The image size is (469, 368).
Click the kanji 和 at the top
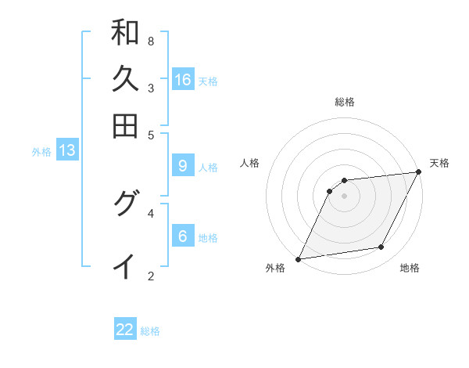(125, 33)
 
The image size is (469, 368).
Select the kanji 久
(125, 79)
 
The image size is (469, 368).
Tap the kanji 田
(125, 125)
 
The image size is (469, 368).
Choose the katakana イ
(125, 266)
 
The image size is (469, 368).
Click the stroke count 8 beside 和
(151, 41)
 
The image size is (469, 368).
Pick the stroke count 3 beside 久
(151, 88)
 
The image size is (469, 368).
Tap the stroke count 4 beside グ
(151, 212)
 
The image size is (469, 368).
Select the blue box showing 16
(183, 79)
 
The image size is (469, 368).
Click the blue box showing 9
(183, 165)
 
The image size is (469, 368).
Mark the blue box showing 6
(183, 236)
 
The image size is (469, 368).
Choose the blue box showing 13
(67, 150)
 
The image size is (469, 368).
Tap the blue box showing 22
(125, 330)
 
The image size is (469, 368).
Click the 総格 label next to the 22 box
(150, 331)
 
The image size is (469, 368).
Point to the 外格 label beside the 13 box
(41, 152)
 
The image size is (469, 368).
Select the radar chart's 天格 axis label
(439, 163)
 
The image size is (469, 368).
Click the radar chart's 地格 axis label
(410, 268)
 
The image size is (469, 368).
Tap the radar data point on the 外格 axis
(298, 259)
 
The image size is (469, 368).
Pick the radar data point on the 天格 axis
(419, 172)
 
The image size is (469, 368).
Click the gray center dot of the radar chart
(344, 196)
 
